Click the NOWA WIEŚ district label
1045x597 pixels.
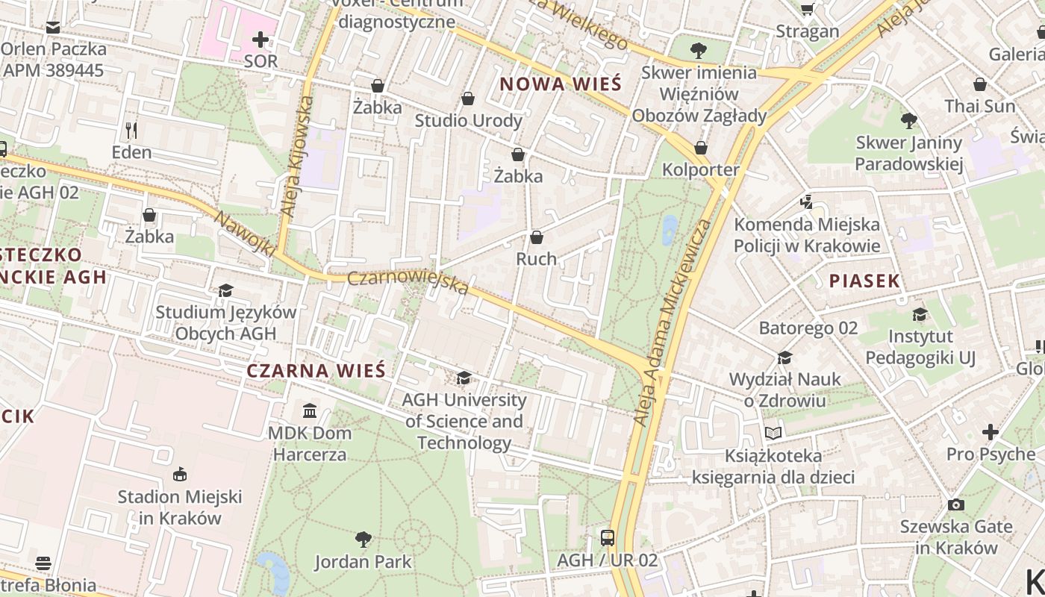pyautogui.click(x=560, y=84)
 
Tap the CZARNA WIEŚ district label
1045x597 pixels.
pyautogui.click(x=316, y=371)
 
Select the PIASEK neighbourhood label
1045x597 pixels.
pyautogui.click(x=864, y=281)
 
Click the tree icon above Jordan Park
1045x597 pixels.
pyautogui.click(x=364, y=539)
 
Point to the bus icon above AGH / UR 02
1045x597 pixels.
pyautogui.click(x=608, y=537)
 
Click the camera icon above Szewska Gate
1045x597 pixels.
pyautogui.click(x=955, y=504)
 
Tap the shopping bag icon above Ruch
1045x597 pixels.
pyautogui.click(x=536, y=237)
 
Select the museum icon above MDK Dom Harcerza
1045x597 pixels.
pyautogui.click(x=310, y=410)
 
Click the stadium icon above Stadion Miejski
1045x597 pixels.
pyautogui.click(x=180, y=474)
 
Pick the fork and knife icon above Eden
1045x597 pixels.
pyautogui.click(x=131, y=131)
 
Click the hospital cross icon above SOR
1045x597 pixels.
pyautogui.click(x=261, y=39)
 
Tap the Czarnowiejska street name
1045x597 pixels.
pyautogui.click(x=408, y=282)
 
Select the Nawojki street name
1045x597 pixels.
pyautogui.click(x=245, y=232)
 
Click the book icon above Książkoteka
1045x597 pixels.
pyautogui.click(x=773, y=433)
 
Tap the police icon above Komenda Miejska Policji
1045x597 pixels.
pyautogui.click(x=806, y=201)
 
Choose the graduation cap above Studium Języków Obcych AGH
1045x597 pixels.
pyautogui.click(x=225, y=290)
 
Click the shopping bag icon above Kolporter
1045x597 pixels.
pyautogui.click(x=700, y=148)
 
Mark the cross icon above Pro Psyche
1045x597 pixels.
pyautogui.click(x=990, y=431)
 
